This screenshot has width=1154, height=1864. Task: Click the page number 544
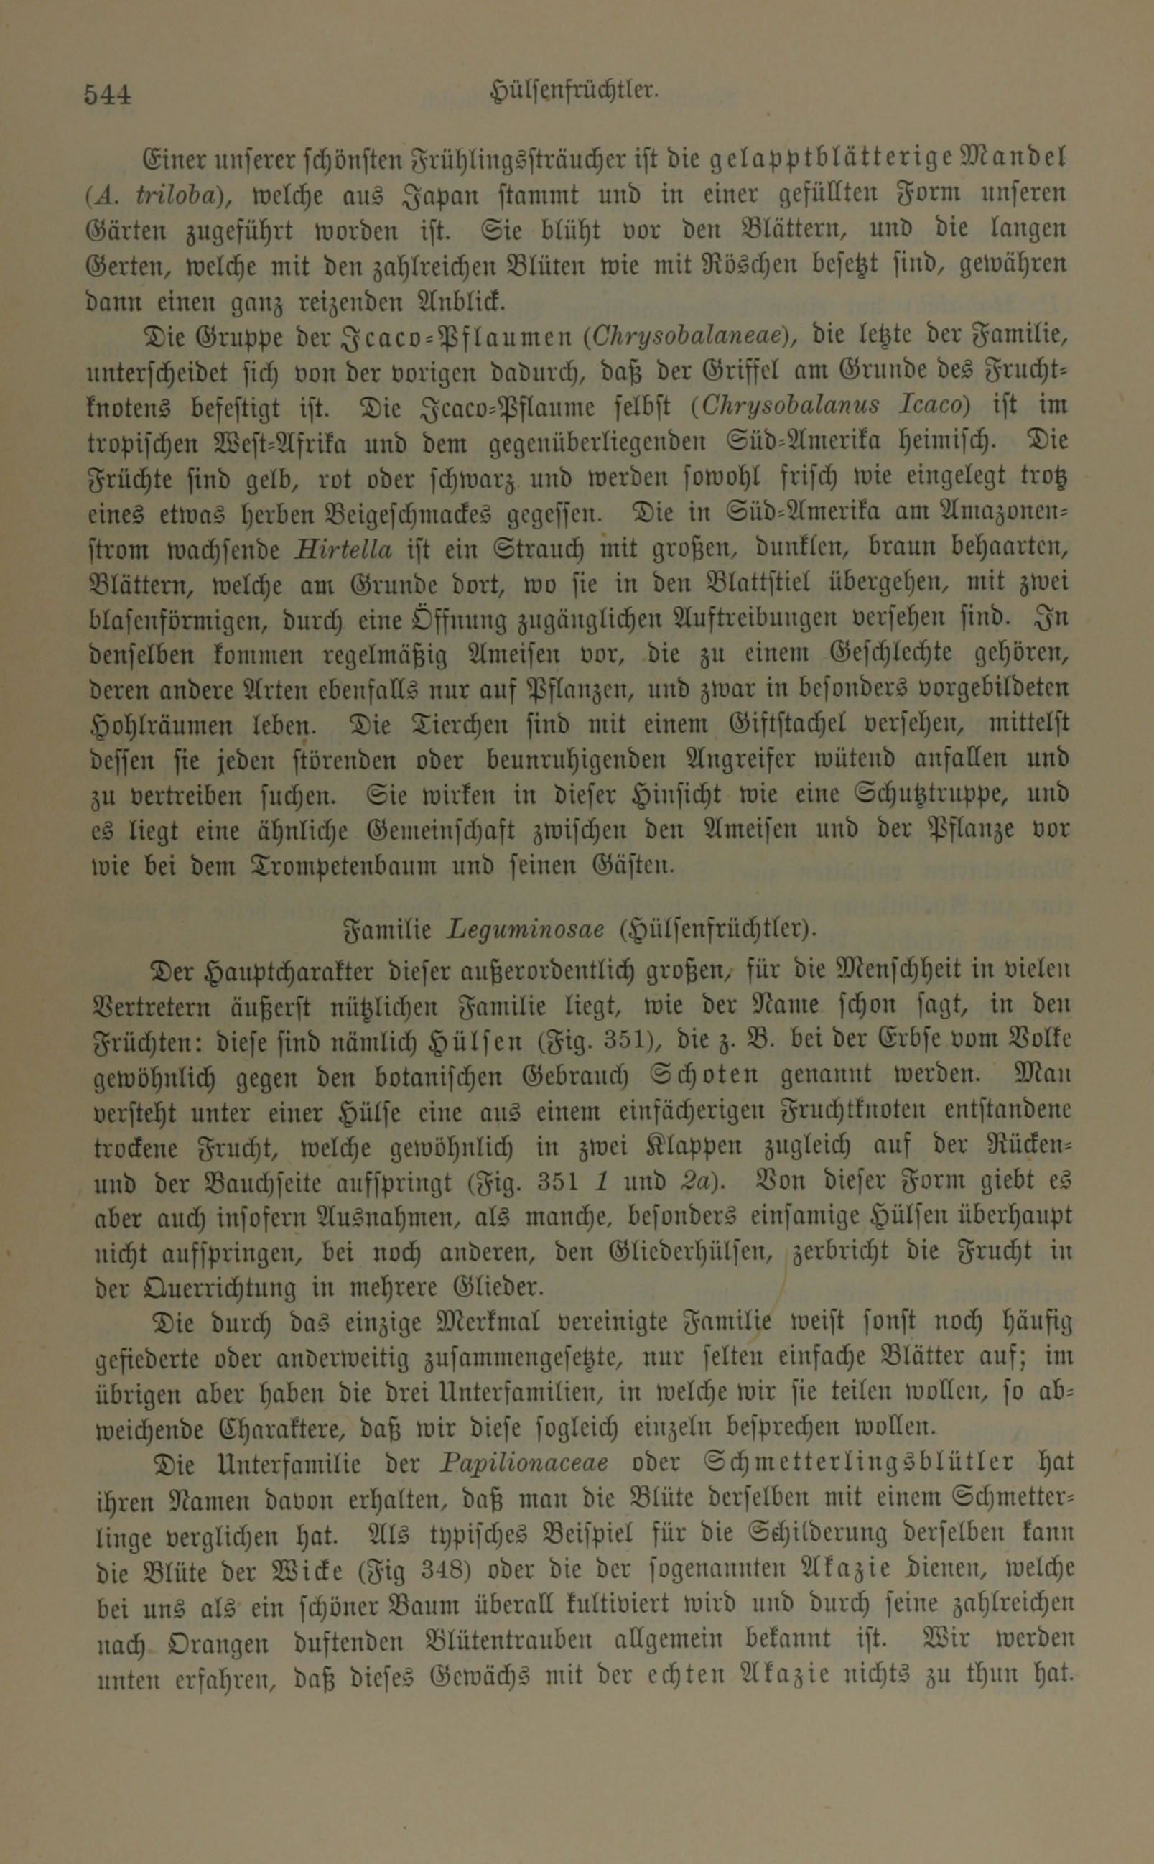click(108, 95)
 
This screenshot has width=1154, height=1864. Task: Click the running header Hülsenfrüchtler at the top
click(574, 91)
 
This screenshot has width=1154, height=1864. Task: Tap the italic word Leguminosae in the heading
click(526, 930)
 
